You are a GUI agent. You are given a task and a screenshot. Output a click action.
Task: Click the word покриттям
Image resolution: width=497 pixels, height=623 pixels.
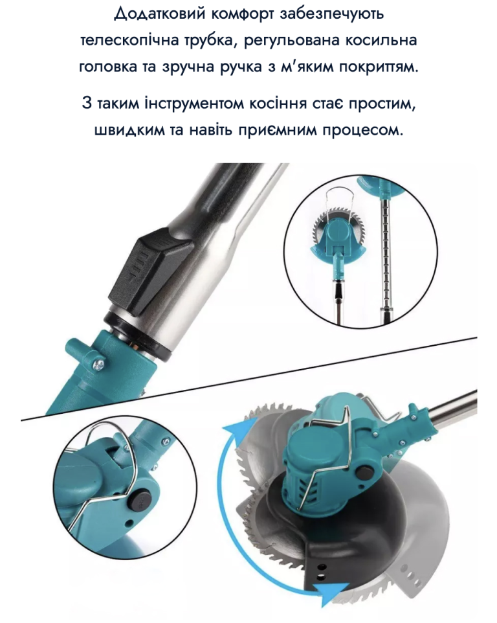(x=379, y=67)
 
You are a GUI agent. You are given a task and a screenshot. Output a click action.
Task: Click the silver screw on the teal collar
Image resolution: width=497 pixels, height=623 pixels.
(x=100, y=362)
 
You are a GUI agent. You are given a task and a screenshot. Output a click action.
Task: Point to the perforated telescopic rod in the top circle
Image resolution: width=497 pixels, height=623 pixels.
(x=386, y=258)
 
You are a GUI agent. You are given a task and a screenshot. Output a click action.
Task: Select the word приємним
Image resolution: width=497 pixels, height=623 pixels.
(x=278, y=130)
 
